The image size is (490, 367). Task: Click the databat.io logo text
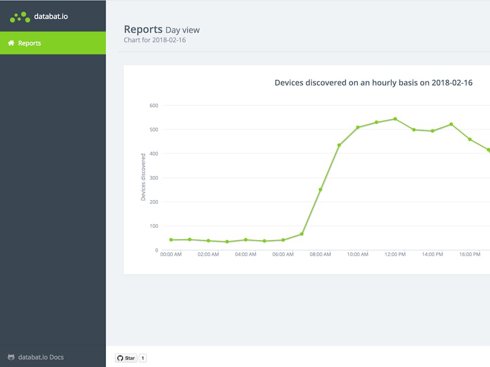pos(51,16)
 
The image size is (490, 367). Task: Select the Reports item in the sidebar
pos(29,43)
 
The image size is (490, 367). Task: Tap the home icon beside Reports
pos(11,43)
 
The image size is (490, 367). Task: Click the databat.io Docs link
pos(41,357)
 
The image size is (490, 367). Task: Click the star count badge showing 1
pos(143,358)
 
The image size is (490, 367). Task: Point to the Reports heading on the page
pos(143,29)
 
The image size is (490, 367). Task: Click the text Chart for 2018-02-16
pos(155,40)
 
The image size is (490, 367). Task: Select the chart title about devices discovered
pos(373,83)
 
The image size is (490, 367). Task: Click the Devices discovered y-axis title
pos(143,177)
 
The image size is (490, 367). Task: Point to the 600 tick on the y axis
pos(154,105)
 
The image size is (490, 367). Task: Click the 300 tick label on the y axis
pos(154,178)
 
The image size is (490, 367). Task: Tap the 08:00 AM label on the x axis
pos(320,254)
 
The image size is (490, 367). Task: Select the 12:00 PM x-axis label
pos(395,254)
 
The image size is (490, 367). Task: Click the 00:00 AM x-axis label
pos(171,254)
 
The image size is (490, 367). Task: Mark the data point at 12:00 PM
pos(395,119)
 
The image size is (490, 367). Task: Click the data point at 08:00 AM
pos(320,190)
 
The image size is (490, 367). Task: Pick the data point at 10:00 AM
pos(358,127)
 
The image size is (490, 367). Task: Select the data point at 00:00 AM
pos(171,240)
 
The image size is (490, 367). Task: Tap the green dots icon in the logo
pos(20,17)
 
